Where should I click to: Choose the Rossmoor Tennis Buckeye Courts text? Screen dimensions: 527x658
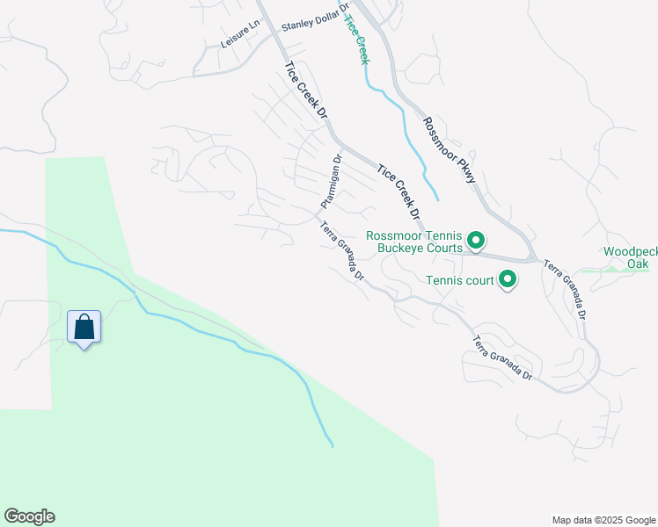point(414,242)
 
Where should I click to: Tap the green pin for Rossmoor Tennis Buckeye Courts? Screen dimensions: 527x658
point(476,240)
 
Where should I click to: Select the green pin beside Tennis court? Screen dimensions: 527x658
point(508,280)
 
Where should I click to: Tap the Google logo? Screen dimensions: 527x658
point(29,516)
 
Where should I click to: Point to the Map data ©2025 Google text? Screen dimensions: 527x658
point(603,520)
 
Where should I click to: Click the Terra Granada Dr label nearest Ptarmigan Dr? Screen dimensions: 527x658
point(342,250)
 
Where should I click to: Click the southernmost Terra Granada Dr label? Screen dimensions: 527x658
point(502,358)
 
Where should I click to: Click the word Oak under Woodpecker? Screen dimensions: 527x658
point(639,263)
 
